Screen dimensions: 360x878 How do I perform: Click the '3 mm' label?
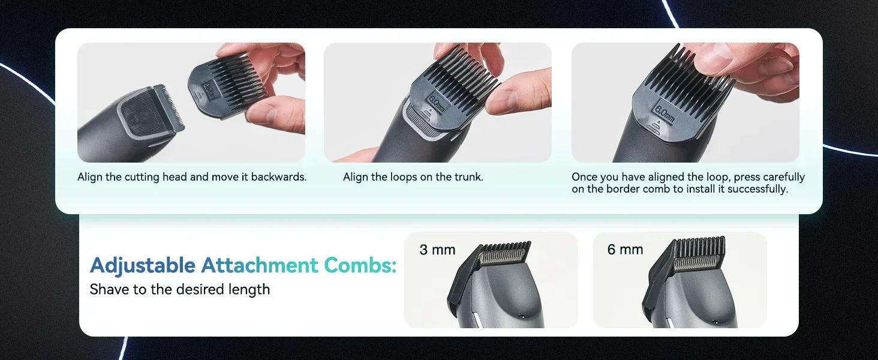click(x=437, y=250)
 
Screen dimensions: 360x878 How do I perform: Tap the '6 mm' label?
click(x=625, y=250)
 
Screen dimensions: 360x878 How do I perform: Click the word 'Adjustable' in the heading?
click(x=143, y=265)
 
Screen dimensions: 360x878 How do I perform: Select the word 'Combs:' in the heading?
click(x=360, y=265)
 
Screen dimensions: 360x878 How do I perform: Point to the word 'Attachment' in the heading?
click(x=259, y=265)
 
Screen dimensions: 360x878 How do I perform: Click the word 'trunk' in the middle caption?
click(x=467, y=177)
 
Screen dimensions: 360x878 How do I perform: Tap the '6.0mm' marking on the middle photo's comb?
click(x=437, y=103)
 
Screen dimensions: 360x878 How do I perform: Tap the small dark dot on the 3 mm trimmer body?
click(x=521, y=315)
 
